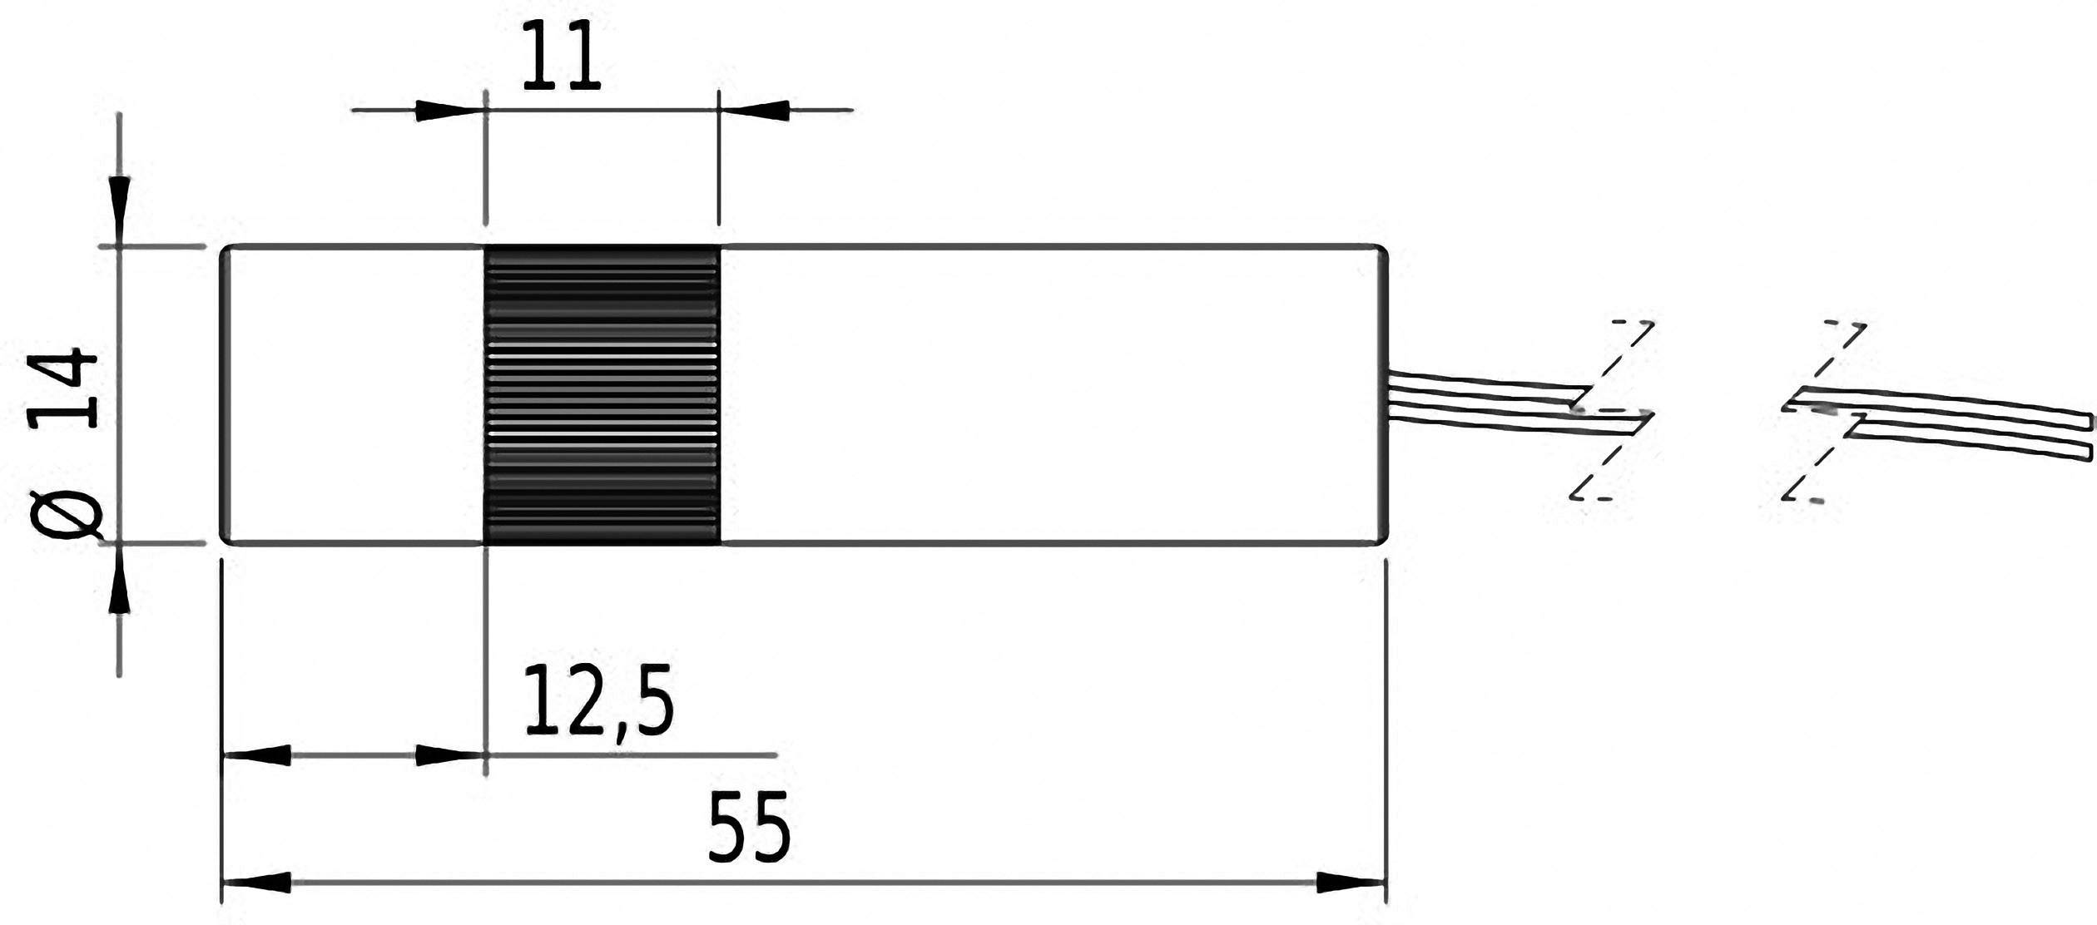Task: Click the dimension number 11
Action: point(561,58)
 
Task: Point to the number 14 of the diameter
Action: point(65,388)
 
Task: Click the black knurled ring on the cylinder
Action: point(601,395)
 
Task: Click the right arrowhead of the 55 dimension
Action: point(1350,882)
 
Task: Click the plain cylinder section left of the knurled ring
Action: point(354,395)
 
